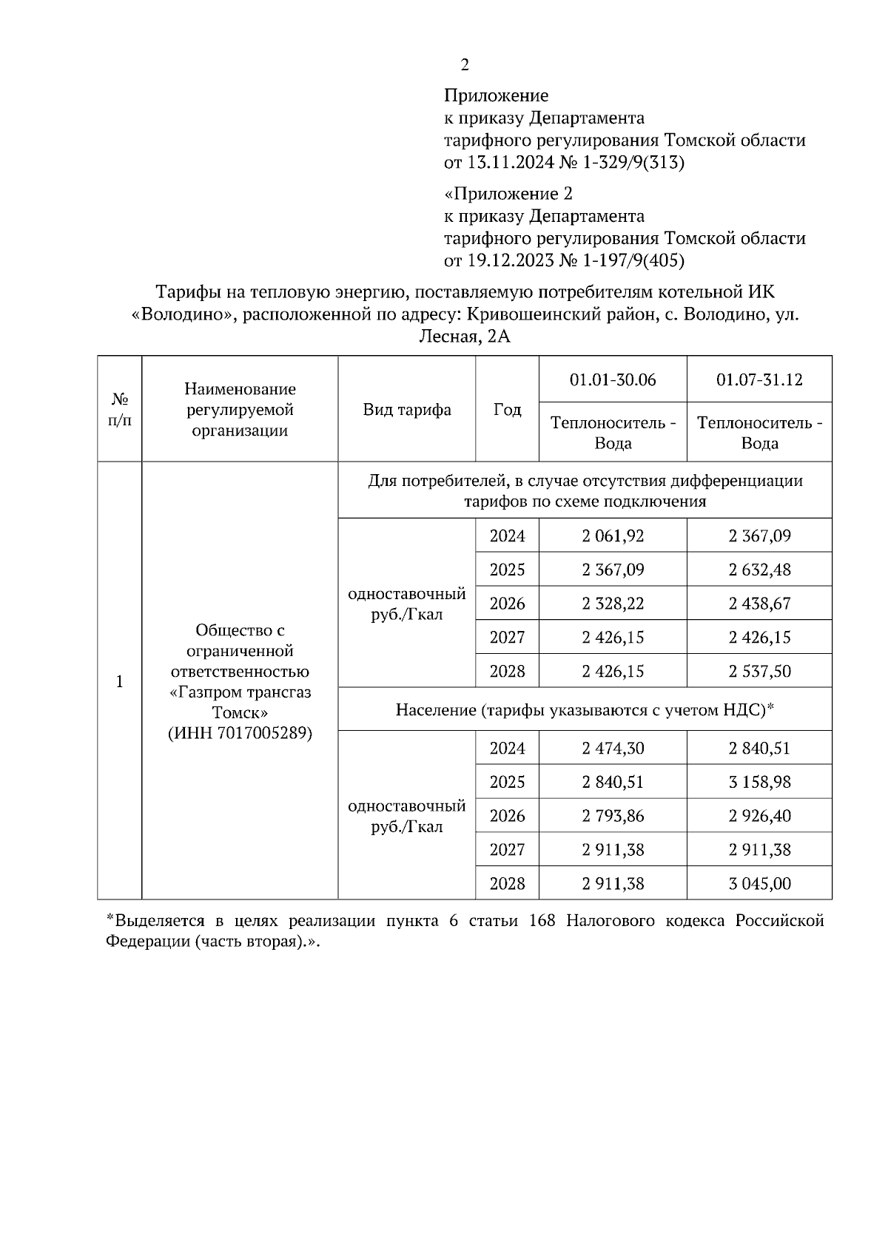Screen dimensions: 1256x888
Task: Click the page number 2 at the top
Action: (x=465, y=65)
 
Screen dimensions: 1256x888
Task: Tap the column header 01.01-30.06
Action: (x=613, y=379)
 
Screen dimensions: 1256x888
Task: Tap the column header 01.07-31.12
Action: (x=759, y=379)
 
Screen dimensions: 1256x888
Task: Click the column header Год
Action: (x=507, y=410)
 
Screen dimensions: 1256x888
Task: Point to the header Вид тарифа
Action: (x=407, y=410)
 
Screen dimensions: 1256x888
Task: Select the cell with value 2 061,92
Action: (x=613, y=536)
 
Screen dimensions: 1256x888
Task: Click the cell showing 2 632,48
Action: (x=759, y=570)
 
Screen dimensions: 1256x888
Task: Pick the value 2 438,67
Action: (x=759, y=604)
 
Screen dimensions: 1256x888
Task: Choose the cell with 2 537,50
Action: (x=759, y=672)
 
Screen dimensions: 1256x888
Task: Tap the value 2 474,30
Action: (x=613, y=748)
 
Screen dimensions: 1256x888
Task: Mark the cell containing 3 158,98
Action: (x=759, y=782)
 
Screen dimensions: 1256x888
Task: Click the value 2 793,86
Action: (x=613, y=816)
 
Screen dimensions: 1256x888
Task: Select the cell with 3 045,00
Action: (x=759, y=884)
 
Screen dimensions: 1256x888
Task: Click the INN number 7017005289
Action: (x=259, y=733)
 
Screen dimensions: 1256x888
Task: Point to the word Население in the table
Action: (x=435, y=710)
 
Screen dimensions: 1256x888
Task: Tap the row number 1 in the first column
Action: (x=120, y=681)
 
